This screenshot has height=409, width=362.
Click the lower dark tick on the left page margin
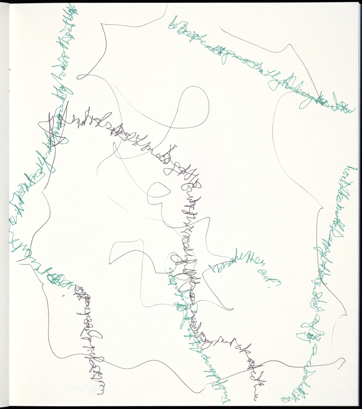(x=10, y=91)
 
